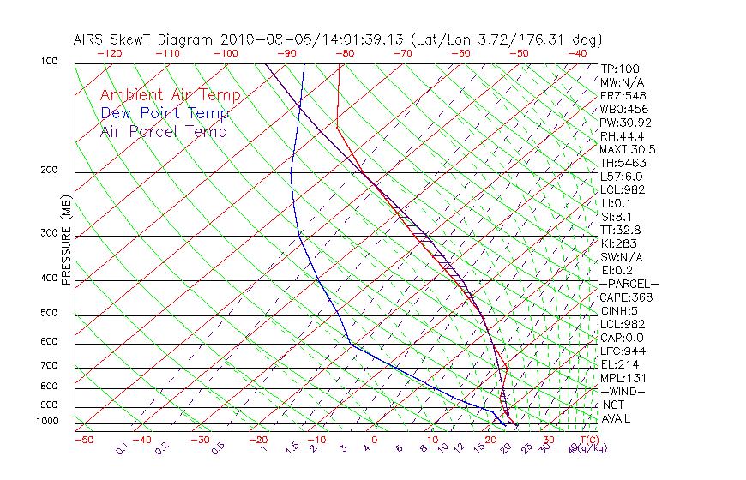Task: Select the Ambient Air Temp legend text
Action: tap(170, 96)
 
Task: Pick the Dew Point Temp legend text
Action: tap(164, 114)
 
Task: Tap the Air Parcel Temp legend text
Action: tap(163, 132)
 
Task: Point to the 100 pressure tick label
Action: tap(49, 62)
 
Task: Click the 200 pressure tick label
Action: tap(49, 170)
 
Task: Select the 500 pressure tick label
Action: tap(49, 314)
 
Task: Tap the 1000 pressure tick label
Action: tap(46, 422)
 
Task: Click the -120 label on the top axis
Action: tap(109, 53)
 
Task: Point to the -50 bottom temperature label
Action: tap(83, 441)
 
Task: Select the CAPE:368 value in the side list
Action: tap(626, 297)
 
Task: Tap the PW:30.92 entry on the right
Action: tap(623, 123)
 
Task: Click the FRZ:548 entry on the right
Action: tap(621, 95)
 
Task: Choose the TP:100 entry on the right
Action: tap(619, 69)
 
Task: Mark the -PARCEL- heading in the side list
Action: tap(629, 284)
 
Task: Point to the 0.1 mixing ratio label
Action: tap(122, 448)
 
